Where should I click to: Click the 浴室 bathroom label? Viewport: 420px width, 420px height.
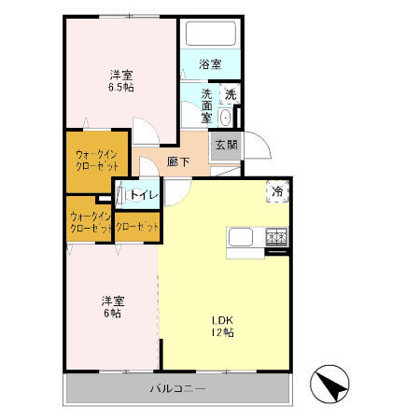pyautogui.click(x=210, y=64)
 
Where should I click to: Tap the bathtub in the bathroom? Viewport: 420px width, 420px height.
pyautogui.click(x=209, y=35)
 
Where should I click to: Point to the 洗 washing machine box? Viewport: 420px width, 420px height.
pyautogui.click(x=230, y=93)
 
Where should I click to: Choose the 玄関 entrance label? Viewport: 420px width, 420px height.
pyautogui.click(x=225, y=145)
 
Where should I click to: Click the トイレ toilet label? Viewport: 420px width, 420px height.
pyautogui.click(x=143, y=195)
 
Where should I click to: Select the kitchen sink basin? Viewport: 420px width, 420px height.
pyautogui.click(x=238, y=238)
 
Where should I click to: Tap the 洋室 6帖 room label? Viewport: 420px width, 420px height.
pyautogui.click(x=112, y=306)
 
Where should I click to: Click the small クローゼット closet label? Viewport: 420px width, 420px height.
pyautogui.click(x=136, y=226)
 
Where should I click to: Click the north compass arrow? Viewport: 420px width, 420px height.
pyautogui.click(x=330, y=384)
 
